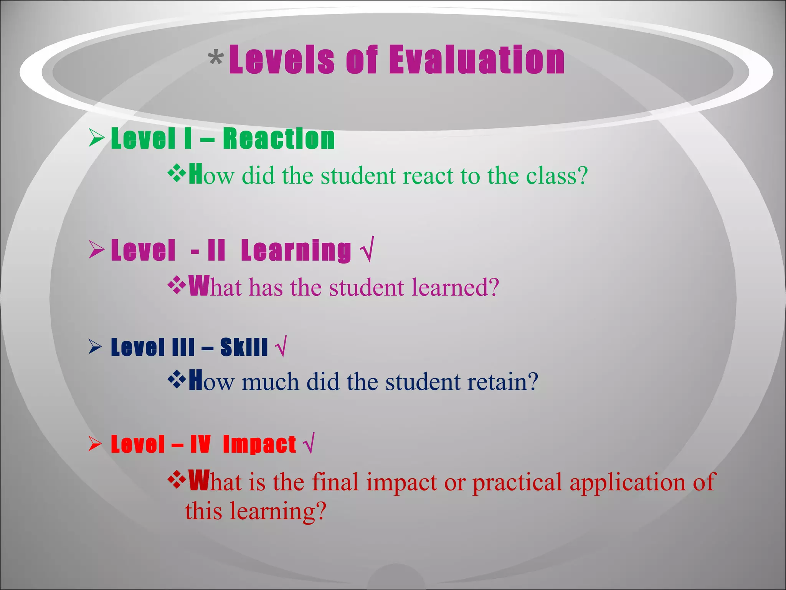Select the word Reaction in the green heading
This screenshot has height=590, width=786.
point(279,139)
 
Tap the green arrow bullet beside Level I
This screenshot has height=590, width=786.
point(96,138)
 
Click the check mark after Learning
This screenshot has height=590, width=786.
point(367,250)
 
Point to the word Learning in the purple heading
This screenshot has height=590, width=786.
point(296,250)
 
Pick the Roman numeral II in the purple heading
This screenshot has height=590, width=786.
point(216,250)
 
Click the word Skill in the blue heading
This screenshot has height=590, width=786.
point(244,347)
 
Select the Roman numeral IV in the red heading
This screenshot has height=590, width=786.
point(200,444)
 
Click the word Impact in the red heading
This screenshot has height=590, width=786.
point(259,444)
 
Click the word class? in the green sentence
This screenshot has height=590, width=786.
point(556,176)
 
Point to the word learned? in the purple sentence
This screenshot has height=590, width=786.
point(455,287)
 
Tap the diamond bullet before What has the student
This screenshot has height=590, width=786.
point(177,285)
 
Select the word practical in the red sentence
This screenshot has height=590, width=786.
point(517,482)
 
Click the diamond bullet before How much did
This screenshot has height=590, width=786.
point(177,380)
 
